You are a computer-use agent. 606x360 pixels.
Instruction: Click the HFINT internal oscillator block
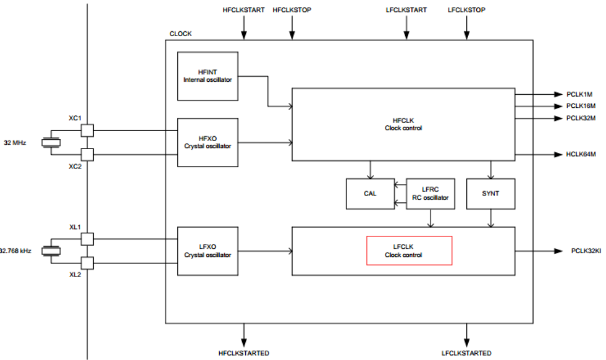click(208, 75)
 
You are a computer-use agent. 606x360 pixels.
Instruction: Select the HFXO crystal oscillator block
click(208, 142)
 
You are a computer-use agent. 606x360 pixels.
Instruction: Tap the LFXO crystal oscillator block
click(208, 251)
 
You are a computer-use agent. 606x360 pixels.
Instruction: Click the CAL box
click(370, 193)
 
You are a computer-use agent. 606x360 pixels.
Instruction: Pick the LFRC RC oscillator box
click(431, 193)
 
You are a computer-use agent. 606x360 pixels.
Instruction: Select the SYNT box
click(491, 193)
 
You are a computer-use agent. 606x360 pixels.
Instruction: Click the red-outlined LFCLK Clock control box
click(409, 251)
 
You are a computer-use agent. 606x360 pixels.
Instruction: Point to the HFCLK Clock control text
click(403, 124)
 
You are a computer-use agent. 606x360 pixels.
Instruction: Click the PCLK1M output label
click(579, 94)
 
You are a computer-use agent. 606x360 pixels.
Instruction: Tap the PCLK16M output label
click(581, 106)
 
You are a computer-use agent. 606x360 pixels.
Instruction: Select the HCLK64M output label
click(581, 154)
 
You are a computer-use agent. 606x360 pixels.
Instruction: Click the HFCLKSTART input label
click(243, 10)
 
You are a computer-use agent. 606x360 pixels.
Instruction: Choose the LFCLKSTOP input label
click(466, 10)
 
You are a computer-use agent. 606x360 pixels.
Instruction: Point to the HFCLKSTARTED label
click(243, 353)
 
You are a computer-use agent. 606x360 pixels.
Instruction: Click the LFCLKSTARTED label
click(466, 353)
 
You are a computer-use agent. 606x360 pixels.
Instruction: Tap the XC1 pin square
click(87, 130)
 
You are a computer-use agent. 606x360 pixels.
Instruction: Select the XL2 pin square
click(87, 263)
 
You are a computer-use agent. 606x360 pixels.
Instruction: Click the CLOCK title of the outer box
click(180, 34)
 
